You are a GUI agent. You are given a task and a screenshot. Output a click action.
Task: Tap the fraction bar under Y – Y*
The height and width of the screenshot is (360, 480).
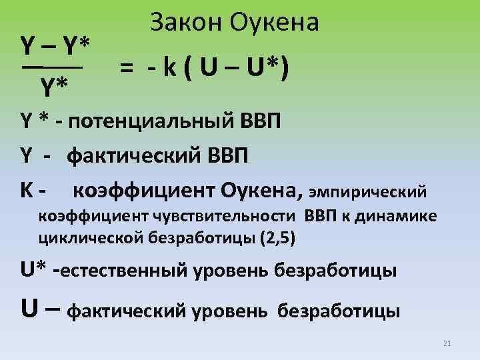(x=51, y=67)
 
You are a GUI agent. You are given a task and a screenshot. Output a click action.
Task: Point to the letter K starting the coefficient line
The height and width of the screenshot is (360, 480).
(x=28, y=191)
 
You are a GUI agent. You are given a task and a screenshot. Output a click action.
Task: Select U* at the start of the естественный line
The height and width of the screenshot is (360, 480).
(x=33, y=271)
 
